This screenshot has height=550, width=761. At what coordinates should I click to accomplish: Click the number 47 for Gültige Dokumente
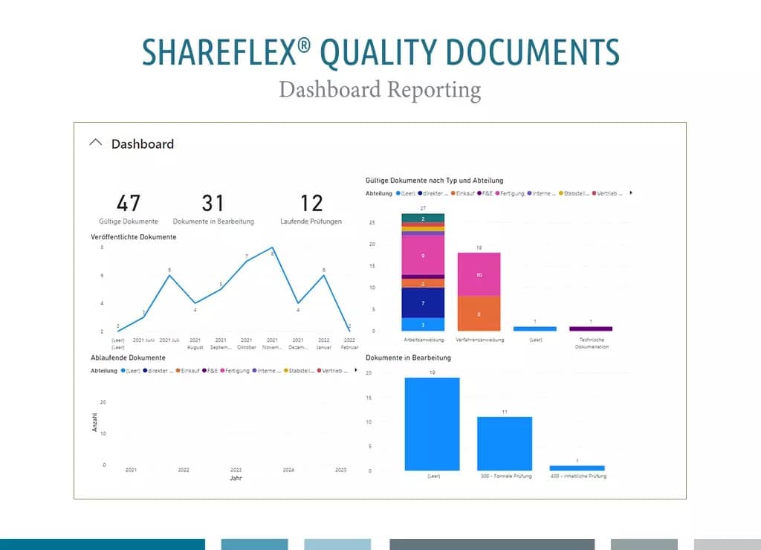coord(128,203)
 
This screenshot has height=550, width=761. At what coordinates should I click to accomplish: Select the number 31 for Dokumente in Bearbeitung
coord(213,203)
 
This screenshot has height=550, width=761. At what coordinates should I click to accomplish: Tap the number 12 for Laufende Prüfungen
coord(311,203)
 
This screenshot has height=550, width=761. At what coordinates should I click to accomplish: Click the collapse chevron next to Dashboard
coord(95,143)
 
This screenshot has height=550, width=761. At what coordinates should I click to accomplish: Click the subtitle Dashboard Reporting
coord(380,90)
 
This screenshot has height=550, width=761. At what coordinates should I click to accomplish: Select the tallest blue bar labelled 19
coord(432,424)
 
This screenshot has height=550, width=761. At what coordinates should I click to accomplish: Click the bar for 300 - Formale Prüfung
coord(505,443)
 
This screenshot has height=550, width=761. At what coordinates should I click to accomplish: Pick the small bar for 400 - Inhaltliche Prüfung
coord(577,467)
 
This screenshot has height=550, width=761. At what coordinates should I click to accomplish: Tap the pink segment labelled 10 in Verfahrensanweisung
coord(479,274)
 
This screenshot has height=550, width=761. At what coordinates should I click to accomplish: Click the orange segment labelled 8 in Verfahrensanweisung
coord(479,314)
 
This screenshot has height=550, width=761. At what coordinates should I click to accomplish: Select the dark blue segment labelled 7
coord(423,303)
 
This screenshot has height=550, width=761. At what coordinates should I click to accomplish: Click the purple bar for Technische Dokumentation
coord(590,329)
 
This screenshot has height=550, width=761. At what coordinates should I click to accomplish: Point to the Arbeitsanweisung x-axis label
coord(423,340)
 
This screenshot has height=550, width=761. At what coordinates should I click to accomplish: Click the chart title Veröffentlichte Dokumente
coord(134,237)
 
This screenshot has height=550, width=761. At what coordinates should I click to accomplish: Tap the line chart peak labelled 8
coord(273,247)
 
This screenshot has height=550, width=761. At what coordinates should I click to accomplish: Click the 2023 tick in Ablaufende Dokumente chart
coord(236,470)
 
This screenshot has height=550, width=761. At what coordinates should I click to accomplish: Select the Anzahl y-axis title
coord(94,423)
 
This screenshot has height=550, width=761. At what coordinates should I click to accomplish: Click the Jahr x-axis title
coord(236,479)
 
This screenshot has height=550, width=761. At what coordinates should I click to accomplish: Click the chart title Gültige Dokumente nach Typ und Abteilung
coord(435,181)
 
